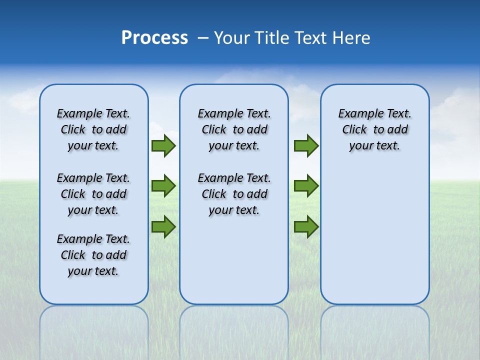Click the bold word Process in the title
click(154, 38)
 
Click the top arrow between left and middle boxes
click(163, 145)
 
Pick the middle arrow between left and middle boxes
click(163, 186)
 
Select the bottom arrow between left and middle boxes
click(163, 226)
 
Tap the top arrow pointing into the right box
click(306, 145)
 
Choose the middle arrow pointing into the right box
click(306, 186)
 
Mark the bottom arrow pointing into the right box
click(306, 226)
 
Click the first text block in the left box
click(93, 129)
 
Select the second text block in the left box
click(93, 194)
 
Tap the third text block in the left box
click(93, 255)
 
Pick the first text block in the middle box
click(234, 129)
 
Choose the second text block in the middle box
click(234, 194)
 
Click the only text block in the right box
click(374, 129)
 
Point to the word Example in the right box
click(356, 114)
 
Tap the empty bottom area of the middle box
click(234, 265)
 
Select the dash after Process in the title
click(203, 38)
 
